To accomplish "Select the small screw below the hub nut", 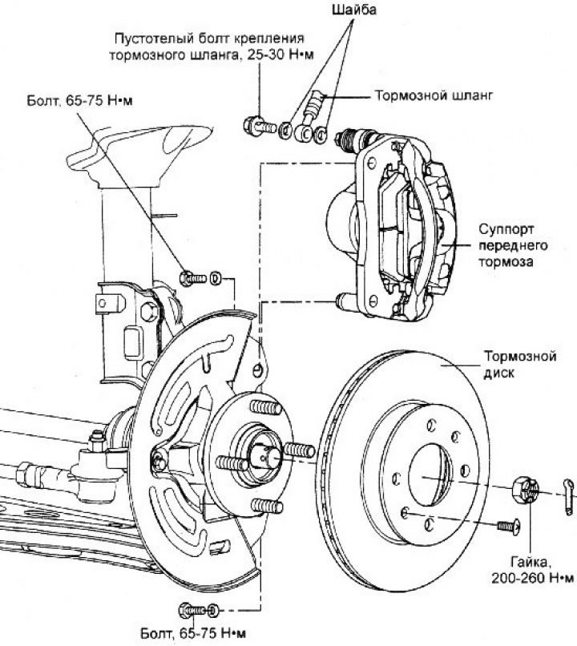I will [506, 527].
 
